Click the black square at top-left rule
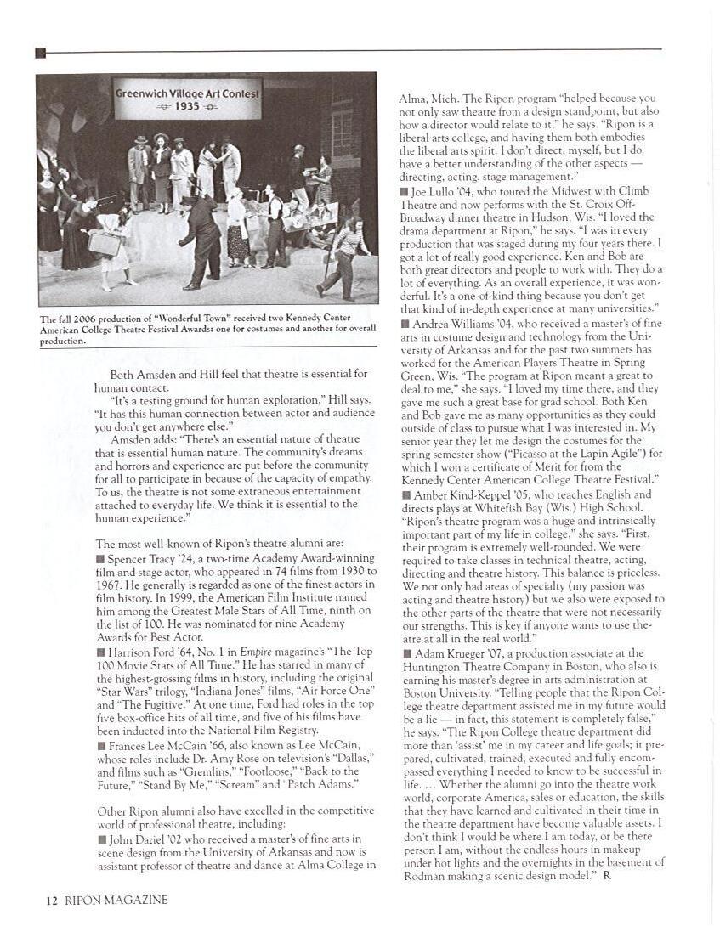tap(40, 53)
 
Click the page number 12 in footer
tap(51, 901)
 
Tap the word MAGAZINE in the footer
tap(136, 901)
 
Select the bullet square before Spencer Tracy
tap(100, 559)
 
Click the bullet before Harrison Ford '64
tap(100, 652)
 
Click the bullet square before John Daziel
tap(100, 839)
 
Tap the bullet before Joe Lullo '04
tap(404, 193)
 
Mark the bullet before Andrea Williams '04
tap(404, 323)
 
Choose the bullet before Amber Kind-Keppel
tap(404, 494)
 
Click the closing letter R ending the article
tap(607, 875)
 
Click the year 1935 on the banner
tap(187, 107)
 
